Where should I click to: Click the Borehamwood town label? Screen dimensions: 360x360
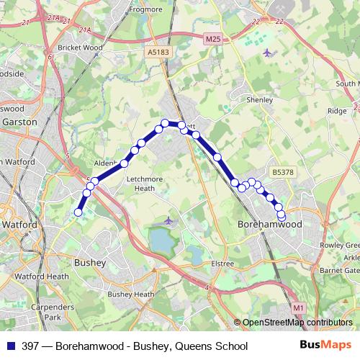pyautogui.click(x=269, y=225)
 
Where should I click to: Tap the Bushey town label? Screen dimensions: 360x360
pyautogui.click(x=90, y=264)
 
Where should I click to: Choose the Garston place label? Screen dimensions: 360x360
pyautogui.click(x=19, y=122)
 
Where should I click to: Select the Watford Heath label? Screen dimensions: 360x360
pyautogui.click(x=48, y=276)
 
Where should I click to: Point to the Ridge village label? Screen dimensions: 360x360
pyautogui.click(x=337, y=111)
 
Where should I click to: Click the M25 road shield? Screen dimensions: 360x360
pyautogui.click(x=212, y=38)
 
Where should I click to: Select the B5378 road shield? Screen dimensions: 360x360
pyautogui.click(x=283, y=172)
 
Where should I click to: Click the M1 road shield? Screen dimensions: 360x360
pyautogui.click(x=299, y=307)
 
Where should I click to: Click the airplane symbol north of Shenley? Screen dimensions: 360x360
pyautogui.click(x=268, y=52)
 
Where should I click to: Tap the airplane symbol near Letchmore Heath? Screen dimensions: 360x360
pyautogui.click(x=168, y=220)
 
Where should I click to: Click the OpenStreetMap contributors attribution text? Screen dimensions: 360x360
pyautogui.click(x=296, y=323)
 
